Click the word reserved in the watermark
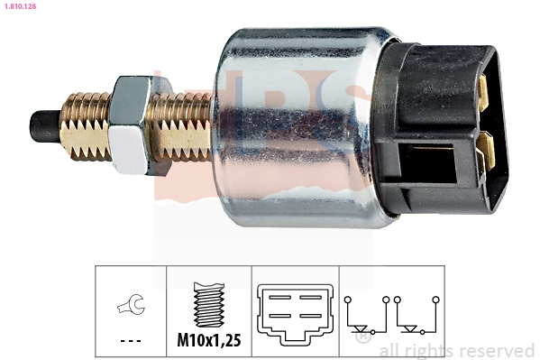click(497, 350)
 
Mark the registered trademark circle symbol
click(363, 337)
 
